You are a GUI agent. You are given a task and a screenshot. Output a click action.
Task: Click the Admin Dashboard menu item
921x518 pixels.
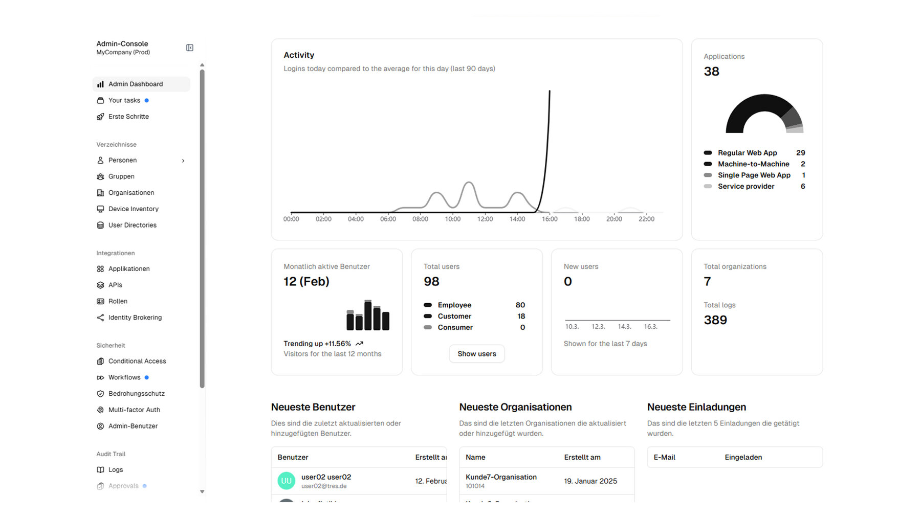coord(135,84)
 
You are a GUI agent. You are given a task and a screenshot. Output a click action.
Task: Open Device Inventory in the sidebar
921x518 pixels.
coord(133,209)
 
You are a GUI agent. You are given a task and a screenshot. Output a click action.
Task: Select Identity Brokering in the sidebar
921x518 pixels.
coord(135,318)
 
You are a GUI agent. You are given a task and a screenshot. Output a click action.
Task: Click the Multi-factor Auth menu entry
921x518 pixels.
coord(134,410)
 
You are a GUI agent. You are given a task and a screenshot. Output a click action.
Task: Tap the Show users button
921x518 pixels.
coord(476,354)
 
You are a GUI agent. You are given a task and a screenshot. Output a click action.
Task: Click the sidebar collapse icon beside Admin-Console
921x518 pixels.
coord(190,48)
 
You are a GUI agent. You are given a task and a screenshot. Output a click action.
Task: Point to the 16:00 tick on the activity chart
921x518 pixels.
coord(550,219)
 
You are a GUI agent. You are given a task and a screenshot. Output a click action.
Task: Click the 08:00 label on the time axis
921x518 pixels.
coord(420,219)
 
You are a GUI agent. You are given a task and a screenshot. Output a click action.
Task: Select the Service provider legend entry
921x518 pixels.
coord(745,186)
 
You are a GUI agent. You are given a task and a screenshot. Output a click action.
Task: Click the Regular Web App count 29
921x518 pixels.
coord(800,153)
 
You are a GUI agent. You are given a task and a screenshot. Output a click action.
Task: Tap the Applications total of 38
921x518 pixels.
coord(711,72)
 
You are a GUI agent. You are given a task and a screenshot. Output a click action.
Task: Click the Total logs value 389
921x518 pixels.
coord(715,320)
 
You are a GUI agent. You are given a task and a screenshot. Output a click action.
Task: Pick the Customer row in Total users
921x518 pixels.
coord(454,316)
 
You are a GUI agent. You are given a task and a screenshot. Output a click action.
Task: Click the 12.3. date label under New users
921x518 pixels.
coord(598,327)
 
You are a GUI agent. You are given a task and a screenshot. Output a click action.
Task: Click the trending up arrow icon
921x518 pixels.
coord(359,344)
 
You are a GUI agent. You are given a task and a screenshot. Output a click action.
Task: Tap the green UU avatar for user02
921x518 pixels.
coord(286,481)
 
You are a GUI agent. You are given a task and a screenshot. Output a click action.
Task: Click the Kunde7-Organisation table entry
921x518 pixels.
coord(501,477)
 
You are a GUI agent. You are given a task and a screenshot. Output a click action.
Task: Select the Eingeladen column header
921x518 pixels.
coord(743,457)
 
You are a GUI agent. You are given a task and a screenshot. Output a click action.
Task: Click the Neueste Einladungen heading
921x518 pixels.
coord(696,407)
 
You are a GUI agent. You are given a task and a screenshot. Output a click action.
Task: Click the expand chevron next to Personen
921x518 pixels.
coord(183,161)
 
